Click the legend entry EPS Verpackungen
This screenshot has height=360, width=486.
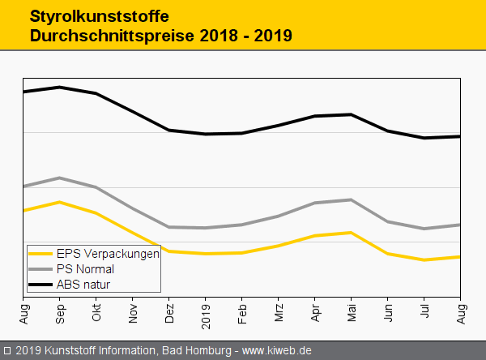108,253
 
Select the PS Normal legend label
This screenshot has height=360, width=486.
85,268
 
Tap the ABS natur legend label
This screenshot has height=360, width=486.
83,285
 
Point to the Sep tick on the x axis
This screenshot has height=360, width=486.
60,309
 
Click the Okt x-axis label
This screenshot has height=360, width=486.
96,309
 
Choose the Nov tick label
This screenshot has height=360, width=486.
133,309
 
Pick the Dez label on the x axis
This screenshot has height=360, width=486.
169,309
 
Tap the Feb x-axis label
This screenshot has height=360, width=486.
242,309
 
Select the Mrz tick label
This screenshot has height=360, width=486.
279,309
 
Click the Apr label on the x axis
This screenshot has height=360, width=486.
315,309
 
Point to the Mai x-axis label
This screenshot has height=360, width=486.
352,309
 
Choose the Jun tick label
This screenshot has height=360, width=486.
388,309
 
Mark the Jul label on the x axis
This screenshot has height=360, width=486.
424,308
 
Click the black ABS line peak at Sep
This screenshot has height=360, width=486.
60,87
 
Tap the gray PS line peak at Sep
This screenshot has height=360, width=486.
60,178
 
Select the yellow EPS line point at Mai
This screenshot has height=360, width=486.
351,233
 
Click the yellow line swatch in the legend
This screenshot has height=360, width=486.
40,253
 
